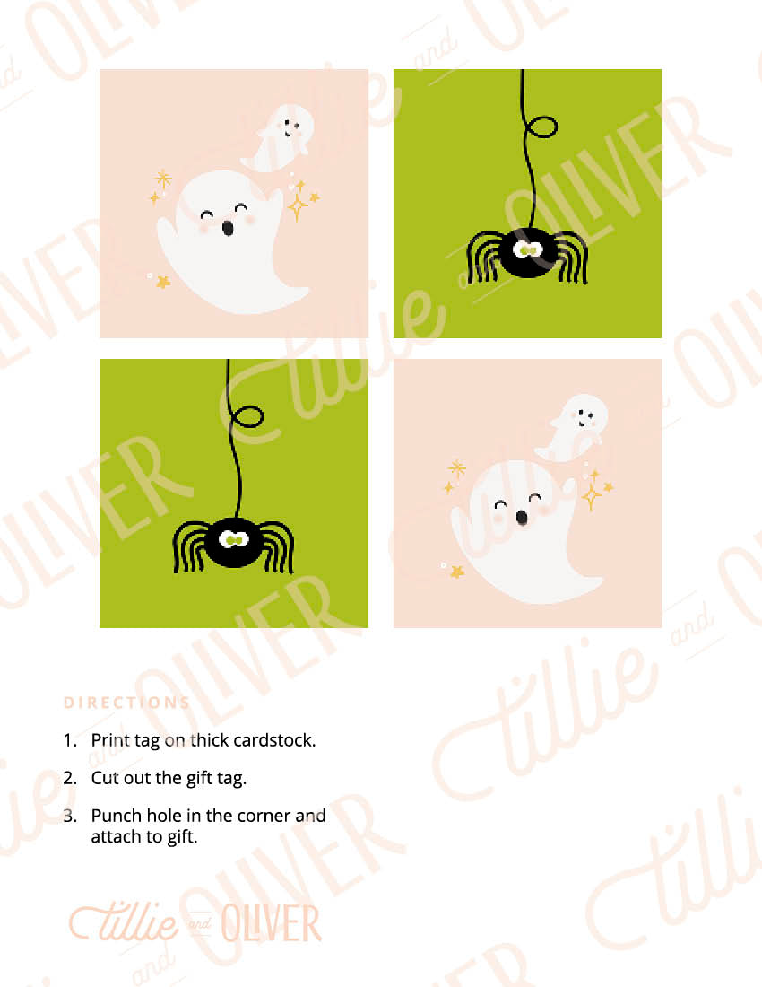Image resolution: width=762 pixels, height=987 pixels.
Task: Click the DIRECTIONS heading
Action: (126, 703)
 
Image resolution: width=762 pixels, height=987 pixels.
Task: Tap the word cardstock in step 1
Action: (274, 739)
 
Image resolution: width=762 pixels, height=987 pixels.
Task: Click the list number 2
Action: (69, 778)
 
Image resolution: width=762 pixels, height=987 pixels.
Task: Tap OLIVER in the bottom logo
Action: (271, 924)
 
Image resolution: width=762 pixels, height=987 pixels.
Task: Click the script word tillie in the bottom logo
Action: (124, 922)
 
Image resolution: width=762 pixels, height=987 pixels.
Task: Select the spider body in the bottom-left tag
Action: (235, 543)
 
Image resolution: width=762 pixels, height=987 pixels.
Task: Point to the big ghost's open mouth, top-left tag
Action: (228, 227)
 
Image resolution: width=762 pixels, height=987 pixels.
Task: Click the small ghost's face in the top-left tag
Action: (289, 127)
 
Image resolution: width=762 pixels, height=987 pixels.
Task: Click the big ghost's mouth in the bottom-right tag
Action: (521, 517)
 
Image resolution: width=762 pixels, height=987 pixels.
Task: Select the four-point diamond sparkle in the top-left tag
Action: (298, 205)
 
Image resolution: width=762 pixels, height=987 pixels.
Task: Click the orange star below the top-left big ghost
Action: (163, 282)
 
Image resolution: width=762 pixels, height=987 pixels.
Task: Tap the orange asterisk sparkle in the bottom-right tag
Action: (457, 468)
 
